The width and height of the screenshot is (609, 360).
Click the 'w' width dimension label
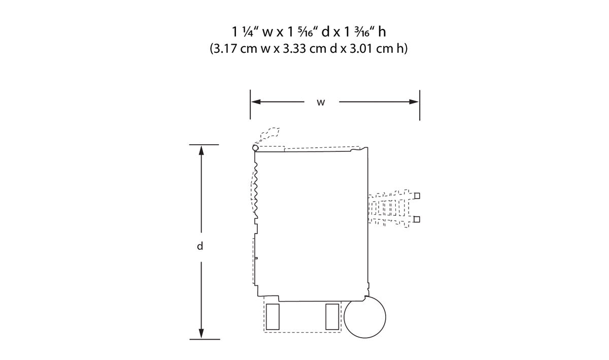pyautogui.click(x=321, y=103)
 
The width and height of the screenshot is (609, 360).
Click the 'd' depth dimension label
pyautogui.click(x=200, y=246)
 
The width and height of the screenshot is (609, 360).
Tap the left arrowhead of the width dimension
pyautogui.click(x=256, y=102)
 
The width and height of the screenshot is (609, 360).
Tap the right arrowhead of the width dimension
pyautogui.click(x=414, y=102)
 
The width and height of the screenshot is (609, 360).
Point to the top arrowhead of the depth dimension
pyautogui.click(x=201, y=150)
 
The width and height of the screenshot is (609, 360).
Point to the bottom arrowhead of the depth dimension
pyautogui.click(x=201, y=333)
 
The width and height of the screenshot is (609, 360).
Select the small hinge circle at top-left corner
pyautogui.click(x=255, y=148)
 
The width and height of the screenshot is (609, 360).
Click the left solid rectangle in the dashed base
pyautogui.click(x=273, y=317)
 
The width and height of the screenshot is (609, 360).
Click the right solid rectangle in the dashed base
pyautogui.click(x=332, y=317)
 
